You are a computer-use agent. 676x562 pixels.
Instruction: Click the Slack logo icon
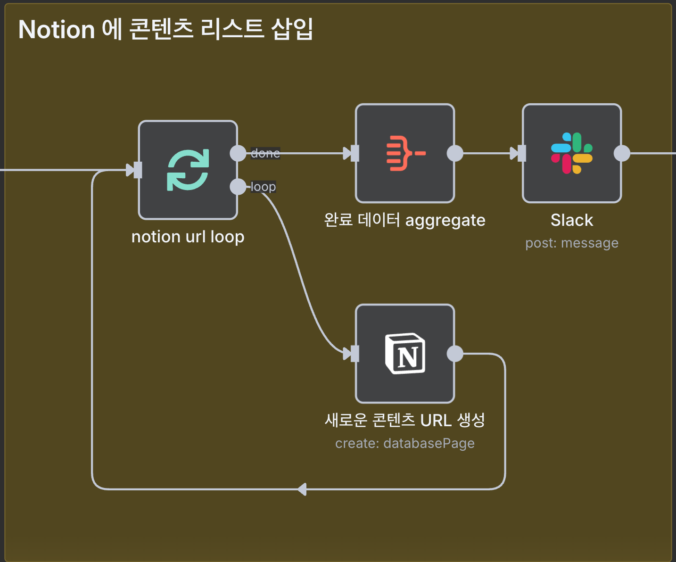pos(571,153)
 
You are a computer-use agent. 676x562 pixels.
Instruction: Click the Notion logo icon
pos(405,354)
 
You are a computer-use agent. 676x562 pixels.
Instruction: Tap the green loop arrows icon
pos(188,170)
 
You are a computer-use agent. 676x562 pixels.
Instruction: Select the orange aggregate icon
pos(405,153)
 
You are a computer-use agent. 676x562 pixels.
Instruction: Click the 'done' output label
pos(265,153)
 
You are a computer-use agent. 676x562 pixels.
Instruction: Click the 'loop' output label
pos(263,187)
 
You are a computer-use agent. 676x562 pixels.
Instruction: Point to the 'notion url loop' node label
pos(188,237)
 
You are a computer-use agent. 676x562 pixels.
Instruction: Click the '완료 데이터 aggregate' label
pos(404,220)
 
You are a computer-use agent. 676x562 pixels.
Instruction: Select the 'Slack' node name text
pos(571,220)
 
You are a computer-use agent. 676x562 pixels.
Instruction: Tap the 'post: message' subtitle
pos(571,243)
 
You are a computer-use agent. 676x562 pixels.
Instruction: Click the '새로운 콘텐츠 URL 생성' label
pos(404,420)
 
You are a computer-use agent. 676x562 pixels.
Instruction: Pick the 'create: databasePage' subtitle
pos(404,444)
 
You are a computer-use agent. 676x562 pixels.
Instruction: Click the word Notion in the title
pos(57,30)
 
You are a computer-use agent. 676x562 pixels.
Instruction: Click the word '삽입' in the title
pos(292,30)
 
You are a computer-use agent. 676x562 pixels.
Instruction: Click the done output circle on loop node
pos(238,153)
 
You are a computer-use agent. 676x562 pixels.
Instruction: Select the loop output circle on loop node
pos(238,187)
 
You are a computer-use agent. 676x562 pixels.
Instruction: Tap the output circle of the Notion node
pos(455,354)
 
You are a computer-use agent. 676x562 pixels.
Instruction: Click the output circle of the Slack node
pos(622,153)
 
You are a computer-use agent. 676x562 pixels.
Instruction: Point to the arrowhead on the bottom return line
pos(302,489)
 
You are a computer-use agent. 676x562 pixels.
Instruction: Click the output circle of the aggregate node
pos(455,153)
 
